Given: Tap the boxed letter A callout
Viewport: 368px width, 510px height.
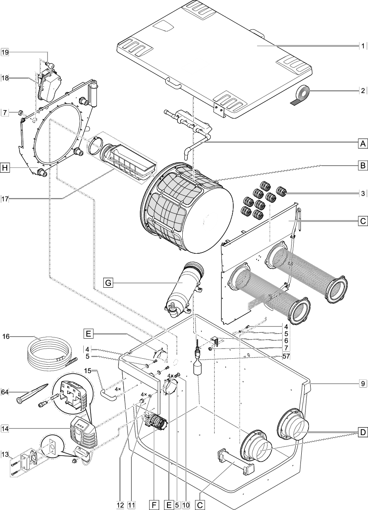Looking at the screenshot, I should (362, 143).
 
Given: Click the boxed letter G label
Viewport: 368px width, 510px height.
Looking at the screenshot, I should (108, 282).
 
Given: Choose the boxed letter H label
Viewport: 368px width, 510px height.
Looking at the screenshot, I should (5, 168).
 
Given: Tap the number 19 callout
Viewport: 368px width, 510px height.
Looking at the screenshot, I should (5, 52).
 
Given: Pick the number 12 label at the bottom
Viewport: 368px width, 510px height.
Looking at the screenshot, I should (121, 504).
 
